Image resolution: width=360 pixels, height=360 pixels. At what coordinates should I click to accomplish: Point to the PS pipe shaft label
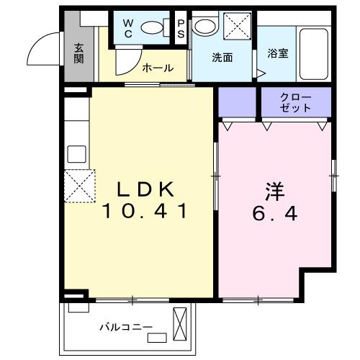[180, 28]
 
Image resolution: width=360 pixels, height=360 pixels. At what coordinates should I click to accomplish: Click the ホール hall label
[157, 68]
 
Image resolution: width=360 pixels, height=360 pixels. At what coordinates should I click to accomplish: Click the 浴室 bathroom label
[278, 54]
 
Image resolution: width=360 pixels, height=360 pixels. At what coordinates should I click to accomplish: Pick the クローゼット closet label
[296, 102]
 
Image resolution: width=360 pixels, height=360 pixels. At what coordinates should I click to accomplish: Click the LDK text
[147, 189]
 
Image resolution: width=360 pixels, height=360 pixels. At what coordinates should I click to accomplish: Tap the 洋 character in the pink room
[275, 192]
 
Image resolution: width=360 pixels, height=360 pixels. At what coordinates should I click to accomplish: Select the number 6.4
[275, 214]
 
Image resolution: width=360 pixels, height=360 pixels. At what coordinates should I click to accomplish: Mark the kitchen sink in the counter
[76, 155]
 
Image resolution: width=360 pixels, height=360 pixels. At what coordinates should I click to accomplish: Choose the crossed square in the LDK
[79, 185]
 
